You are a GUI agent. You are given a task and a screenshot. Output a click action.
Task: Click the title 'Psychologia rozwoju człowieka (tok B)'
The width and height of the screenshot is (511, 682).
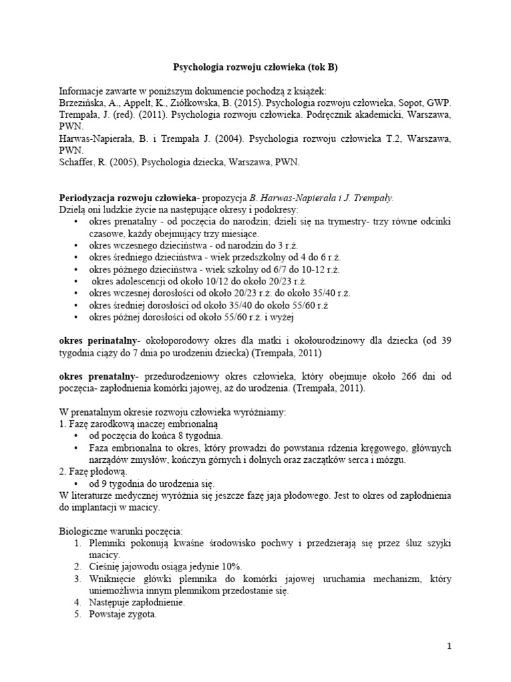[x=255, y=67]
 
